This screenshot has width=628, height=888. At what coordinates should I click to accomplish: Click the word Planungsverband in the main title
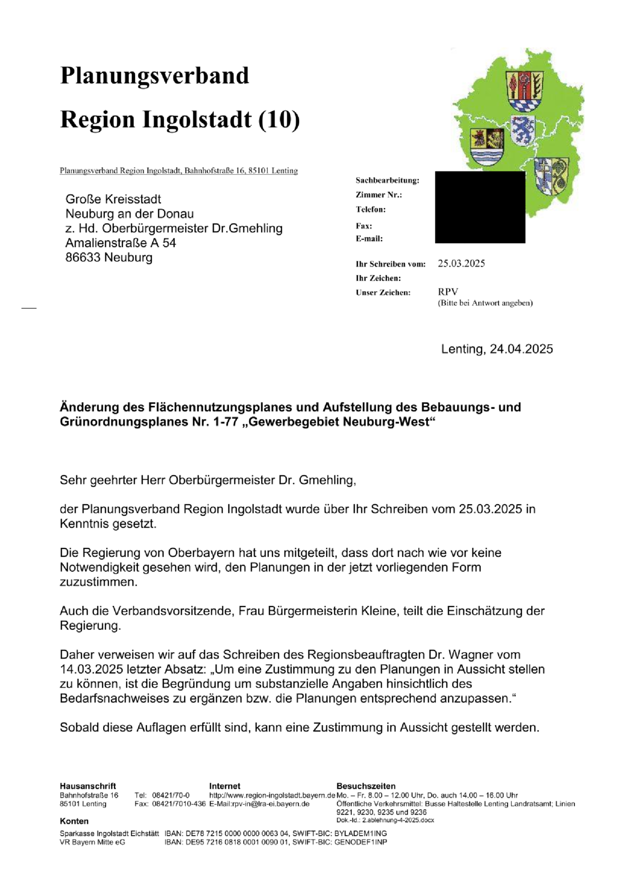[154, 76]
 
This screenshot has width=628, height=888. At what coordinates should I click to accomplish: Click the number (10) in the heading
[279, 120]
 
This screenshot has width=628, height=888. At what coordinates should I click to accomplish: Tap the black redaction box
[480, 207]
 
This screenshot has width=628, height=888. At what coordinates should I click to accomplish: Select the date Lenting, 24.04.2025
[497, 349]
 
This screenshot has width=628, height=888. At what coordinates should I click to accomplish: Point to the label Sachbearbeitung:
[387, 180]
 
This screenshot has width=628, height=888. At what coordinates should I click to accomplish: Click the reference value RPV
[448, 292]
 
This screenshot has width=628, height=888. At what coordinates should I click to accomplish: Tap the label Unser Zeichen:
[383, 292]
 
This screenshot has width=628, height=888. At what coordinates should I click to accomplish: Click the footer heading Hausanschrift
[87, 786]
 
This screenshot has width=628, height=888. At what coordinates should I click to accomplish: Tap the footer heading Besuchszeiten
[366, 786]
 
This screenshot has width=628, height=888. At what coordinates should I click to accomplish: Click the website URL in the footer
[272, 795]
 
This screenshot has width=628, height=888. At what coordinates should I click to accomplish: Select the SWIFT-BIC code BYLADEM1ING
[360, 833]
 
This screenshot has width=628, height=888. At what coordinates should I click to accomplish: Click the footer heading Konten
[74, 821]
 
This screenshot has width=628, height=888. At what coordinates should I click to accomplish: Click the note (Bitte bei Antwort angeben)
[485, 303]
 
